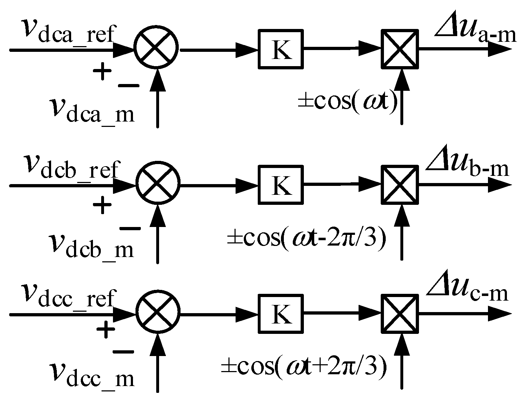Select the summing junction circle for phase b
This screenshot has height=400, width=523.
(158, 185)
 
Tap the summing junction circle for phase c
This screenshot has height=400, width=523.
(158, 315)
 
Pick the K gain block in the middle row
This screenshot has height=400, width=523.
(281, 184)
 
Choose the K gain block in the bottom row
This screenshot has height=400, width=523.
(281, 315)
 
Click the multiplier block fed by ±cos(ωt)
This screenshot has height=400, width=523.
(399, 49)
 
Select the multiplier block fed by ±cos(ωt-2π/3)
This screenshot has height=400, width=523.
(399, 185)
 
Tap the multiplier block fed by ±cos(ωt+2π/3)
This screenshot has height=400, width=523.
(399, 314)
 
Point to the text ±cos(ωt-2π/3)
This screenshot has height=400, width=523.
(306, 236)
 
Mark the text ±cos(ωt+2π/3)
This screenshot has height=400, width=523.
(304, 365)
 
